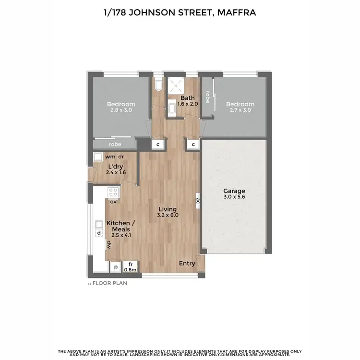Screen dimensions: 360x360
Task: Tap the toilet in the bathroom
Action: click(159, 84)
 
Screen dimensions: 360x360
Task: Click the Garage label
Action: click(234, 191)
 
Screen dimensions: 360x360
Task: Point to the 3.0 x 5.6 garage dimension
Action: click(234, 197)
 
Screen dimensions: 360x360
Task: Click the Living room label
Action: click(167, 209)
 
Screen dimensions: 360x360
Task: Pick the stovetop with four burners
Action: click(114, 192)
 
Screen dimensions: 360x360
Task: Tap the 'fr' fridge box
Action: click(130, 265)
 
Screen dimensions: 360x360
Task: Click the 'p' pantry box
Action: click(116, 266)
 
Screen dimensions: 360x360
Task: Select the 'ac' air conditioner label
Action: click(198, 202)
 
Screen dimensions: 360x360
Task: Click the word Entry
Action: click(187, 264)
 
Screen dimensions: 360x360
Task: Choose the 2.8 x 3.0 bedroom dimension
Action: click(120, 110)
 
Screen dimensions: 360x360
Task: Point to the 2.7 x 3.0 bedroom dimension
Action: click(240, 110)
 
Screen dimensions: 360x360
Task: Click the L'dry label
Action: click(115, 166)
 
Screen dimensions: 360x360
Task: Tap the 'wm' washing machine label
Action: click(109, 156)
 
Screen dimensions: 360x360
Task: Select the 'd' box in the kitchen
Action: click(99, 233)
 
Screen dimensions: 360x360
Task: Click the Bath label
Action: click(181, 98)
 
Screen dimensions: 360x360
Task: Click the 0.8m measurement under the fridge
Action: click(131, 270)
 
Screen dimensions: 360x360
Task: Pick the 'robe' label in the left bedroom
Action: click(115, 144)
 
